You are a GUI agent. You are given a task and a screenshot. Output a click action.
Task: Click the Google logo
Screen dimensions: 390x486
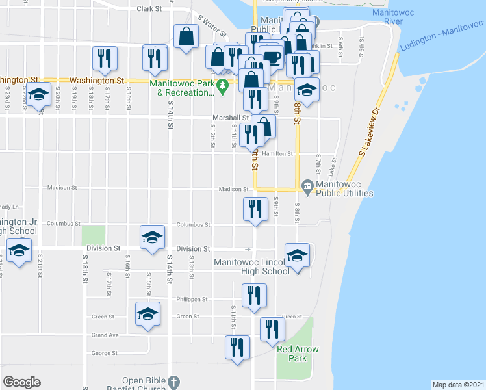tap(22, 382)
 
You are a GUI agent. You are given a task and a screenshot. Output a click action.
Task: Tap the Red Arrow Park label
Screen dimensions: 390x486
tap(298, 354)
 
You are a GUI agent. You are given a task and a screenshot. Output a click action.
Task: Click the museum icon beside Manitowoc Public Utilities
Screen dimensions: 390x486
tap(307, 188)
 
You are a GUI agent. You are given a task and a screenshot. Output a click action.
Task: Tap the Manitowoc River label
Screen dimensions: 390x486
tap(388, 17)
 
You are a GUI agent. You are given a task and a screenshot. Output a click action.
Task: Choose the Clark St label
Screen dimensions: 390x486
tap(149, 9)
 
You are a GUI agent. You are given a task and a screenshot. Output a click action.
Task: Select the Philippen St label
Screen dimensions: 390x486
tap(191, 300)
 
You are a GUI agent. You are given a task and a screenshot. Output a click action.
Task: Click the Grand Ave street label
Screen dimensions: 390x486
tap(105, 335)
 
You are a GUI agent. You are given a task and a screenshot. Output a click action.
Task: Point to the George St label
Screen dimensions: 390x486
tap(104, 353)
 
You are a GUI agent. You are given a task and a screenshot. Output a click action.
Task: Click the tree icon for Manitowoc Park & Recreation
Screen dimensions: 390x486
tap(224, 84)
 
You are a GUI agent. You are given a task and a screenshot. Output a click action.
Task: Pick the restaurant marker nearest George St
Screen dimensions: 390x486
tap(237, 346)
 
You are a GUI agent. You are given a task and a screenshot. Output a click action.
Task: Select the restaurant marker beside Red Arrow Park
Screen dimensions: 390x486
tap(272, 329)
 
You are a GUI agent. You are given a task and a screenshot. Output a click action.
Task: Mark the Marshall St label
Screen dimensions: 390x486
tap(227, 118)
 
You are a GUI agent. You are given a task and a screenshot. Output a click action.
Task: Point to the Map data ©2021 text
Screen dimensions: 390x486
tap(457, 385)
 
